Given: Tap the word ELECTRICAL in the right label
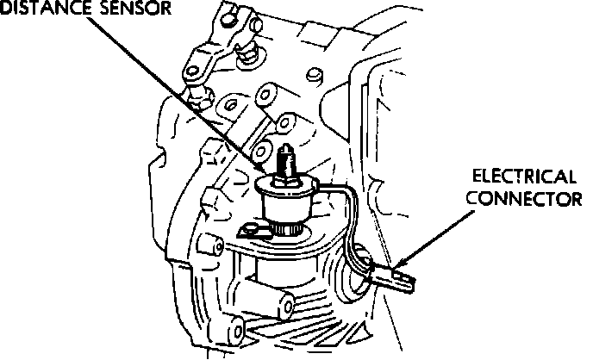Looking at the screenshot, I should point(524,177).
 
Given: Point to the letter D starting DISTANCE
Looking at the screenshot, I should point(6,9).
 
